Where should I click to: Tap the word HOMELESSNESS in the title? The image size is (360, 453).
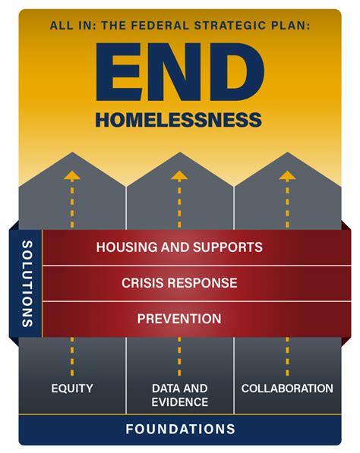click(x=179, y=120)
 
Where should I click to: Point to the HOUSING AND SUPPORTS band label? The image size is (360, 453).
click(x=179, y=247)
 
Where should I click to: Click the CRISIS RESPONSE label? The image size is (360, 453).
click(x=179, y=283)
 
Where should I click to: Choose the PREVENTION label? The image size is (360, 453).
click(x=179, y=319)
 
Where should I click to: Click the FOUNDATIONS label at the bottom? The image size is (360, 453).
click(x=180, y=429)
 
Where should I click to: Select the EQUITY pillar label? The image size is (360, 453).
click(x=72, y=389)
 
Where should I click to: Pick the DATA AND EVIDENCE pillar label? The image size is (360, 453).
click(x=179, y=395)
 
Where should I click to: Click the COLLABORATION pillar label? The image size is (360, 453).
click(x=287, y=389)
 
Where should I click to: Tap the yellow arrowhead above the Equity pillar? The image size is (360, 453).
click(x=72, y=175)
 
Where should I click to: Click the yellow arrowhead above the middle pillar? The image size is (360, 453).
click(x=179, y=175)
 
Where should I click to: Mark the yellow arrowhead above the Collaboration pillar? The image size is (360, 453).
click(x=286, y=175)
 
